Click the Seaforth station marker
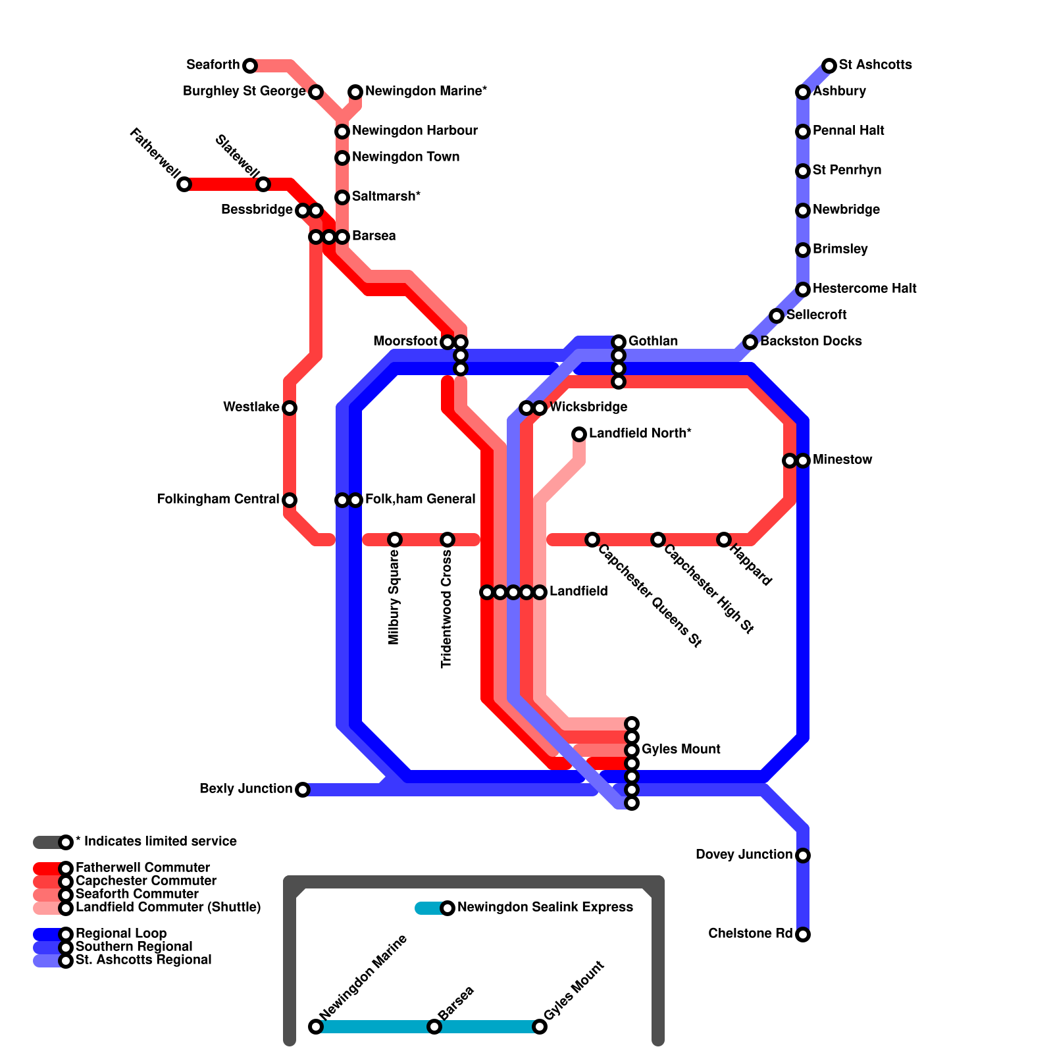(250, 66)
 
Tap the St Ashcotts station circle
(829, 66)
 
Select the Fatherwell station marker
(184, 184)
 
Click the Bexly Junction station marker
(303, 790)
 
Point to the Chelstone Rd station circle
(803, 935)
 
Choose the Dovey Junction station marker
(803, 856)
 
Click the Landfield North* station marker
(579, 434)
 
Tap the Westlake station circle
(290, 408)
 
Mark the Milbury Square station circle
(395, 540)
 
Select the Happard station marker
(724, 540)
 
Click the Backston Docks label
(811, 342)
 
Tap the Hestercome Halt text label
(864, 289)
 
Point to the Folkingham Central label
(218, 500)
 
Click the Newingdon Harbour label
(415, 131)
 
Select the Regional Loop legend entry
(121, 934)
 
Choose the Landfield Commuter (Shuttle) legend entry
(168, 908)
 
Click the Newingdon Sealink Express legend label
(545, 908)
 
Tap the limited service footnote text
(156, 842)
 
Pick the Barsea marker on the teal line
(434, 1027)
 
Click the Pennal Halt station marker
(803, 132)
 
